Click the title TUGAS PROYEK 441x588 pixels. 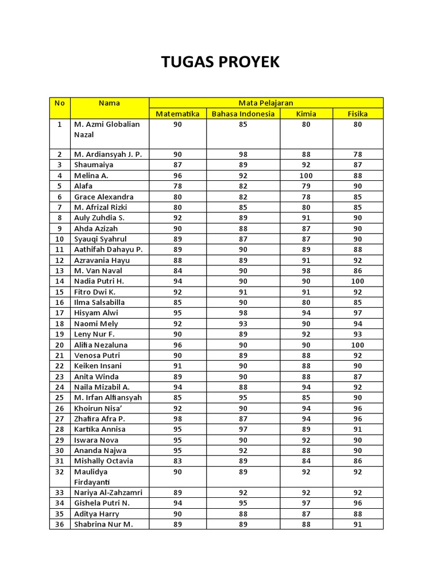click(x=220, y=62)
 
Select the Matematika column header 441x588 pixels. click(x=177, y=114)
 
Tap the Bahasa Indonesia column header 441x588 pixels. click(x=243, y=114)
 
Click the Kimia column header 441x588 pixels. click(x=306, y=114)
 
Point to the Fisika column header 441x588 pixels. click(x=358, y=114)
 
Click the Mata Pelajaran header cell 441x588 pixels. click(x=266, y=103)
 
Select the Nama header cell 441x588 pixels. click(x=109, y=103)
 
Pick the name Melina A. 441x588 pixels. click(x=91, y=176)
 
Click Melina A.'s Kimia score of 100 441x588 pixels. click(x=306, y=176)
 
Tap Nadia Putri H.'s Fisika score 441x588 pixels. click(x=358, y=281)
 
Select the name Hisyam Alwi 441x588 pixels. click(x=96, y=313)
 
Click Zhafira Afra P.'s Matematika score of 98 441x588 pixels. click(x=177, y=419)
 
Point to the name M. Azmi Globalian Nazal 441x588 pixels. click(x=107, y=129)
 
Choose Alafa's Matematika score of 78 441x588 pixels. click(x=177, y=186)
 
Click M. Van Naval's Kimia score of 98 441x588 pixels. click(x=306, y=270)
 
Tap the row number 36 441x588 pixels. click(x=60, y=524)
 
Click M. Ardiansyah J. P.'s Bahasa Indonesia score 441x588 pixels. click(x=243, y=154)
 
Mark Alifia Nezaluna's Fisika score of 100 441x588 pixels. click(x=358, y=345)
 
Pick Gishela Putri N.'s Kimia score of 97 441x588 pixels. click(x=306, y=503)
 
